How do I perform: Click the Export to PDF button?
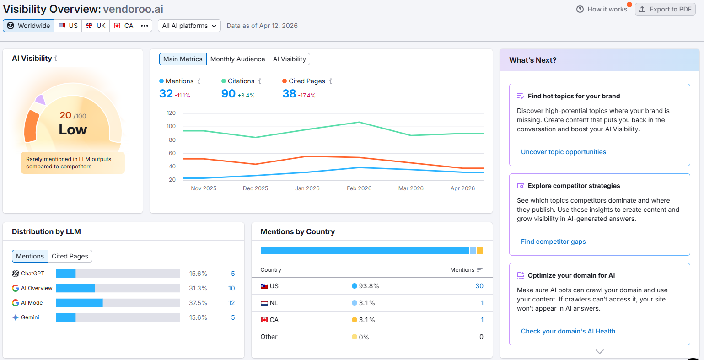click(x=665, y=9)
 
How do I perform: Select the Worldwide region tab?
click(x=29, y=26)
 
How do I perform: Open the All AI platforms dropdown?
click(x=189, y=26)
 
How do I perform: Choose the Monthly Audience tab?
click(x=237, y=59)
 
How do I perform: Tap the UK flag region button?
click(x=96, y=26)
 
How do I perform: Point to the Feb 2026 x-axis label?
click(x=359, y=188)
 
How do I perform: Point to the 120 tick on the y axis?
click(x=171, y=113)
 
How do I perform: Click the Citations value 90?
click(x=228, y=94)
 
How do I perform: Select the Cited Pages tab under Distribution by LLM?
click(x=70, y=256)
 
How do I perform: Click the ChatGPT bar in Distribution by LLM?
click(x=66, y=274)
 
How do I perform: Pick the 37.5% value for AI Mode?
click(x=198, y=303)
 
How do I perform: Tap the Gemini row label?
click(x=30, y=317)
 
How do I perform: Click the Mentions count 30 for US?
click(x=479, y=286)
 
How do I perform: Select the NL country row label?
click(x=274, y=303)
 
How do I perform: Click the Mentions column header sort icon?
click(x=479, y=270)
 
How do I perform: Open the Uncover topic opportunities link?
click(x=563, y=152)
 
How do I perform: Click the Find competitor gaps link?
click(x=553, y=242)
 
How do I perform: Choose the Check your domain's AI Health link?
click(x=568, y=331)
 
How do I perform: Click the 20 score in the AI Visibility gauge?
click(x=65, y=115)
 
